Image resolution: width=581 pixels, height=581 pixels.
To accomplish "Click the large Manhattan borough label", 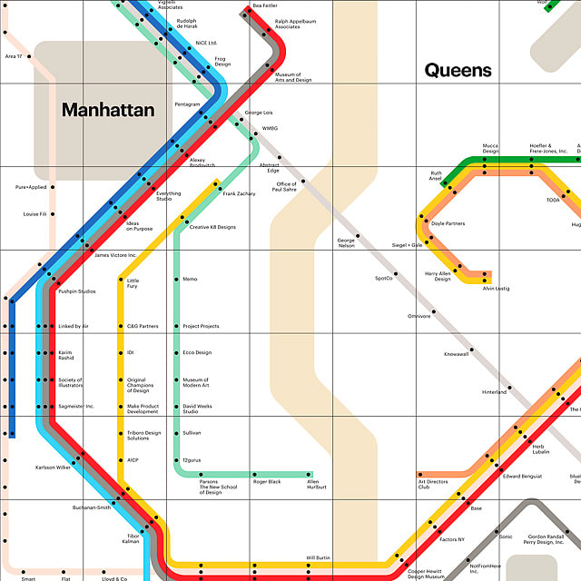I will click(108, 110).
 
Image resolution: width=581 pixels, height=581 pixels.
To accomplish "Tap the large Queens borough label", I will click(458, 70).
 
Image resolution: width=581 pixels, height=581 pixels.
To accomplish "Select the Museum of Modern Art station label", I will click(195, 384).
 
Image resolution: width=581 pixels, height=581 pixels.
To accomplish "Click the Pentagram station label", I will click(187, 104).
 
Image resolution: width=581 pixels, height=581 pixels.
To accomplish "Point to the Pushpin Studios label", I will click(77, 291).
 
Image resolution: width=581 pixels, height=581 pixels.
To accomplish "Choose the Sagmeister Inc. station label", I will click(76, 407).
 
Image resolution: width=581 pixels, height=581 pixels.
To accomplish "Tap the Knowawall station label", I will click(457, 354).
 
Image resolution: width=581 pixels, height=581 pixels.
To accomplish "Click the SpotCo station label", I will click(384, 278).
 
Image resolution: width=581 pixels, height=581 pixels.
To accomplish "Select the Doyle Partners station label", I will click(448, 223).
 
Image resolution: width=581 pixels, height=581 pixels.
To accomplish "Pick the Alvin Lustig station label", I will click(497, 288).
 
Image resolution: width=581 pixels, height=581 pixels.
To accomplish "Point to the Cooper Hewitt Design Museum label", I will click(426, 574).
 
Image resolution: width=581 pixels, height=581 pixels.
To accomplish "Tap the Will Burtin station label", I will click(318, 557).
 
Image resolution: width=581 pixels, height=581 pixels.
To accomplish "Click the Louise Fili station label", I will click(35, 214).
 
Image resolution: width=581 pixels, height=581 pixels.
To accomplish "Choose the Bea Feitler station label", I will click(265, 5).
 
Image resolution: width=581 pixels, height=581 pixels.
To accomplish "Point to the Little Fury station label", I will click(133, 284).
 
